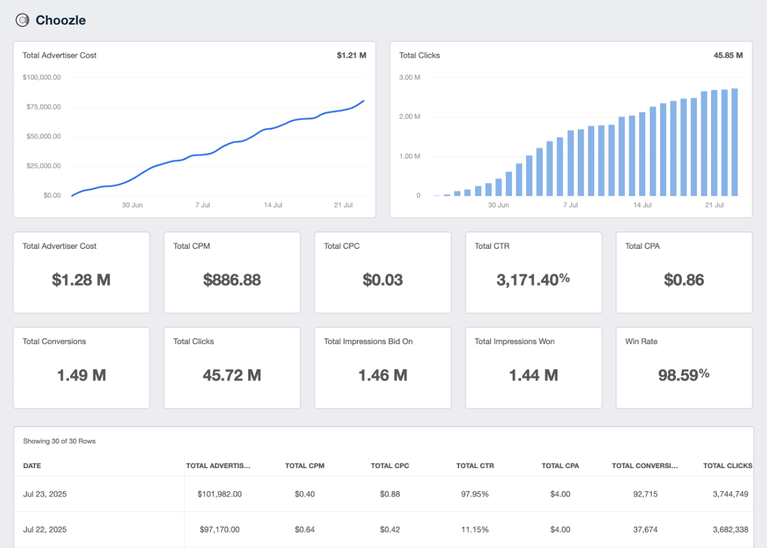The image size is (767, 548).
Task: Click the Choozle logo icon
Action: pyautogui.click(x=22, y=20)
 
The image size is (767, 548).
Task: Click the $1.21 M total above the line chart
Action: pyautogui.click(x=351, y=55)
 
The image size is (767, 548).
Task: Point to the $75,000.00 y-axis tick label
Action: pyautogui.click(x=42, y=107)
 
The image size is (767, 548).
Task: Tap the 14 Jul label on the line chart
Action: pyautogui.click(x=273, y=205)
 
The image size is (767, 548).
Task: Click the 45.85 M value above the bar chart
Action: pyautogui.click(x=728, y=55)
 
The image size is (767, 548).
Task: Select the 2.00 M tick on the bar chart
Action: pyautogui.click(x=409, y=117)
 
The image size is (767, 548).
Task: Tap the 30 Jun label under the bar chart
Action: pyautogui.click(x=498, y=205)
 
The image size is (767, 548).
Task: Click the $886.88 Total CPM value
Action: pyautogui.click(x=232, y=280)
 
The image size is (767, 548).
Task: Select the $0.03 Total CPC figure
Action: pyautogui.click(x=382, y=280)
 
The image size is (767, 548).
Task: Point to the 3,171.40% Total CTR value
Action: pyautogui.click(x=533, y=280)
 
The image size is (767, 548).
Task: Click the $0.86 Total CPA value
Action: pyautogui.click(x=683, y=280)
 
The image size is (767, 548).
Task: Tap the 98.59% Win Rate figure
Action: pyautogui.click(x=683, y=375)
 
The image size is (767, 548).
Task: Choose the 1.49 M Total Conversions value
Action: pyautogui.click(x=81, y=375)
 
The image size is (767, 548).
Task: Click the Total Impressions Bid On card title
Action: pyautogui.click(x=368, y=342)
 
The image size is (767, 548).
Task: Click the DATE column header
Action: pyautogui.click(x=32, y=466)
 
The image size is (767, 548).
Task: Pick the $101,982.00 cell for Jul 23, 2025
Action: pyautogui.click(x=219, y=494)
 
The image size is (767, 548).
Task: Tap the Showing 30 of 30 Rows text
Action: pyautogui.click(x=59, y=441)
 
